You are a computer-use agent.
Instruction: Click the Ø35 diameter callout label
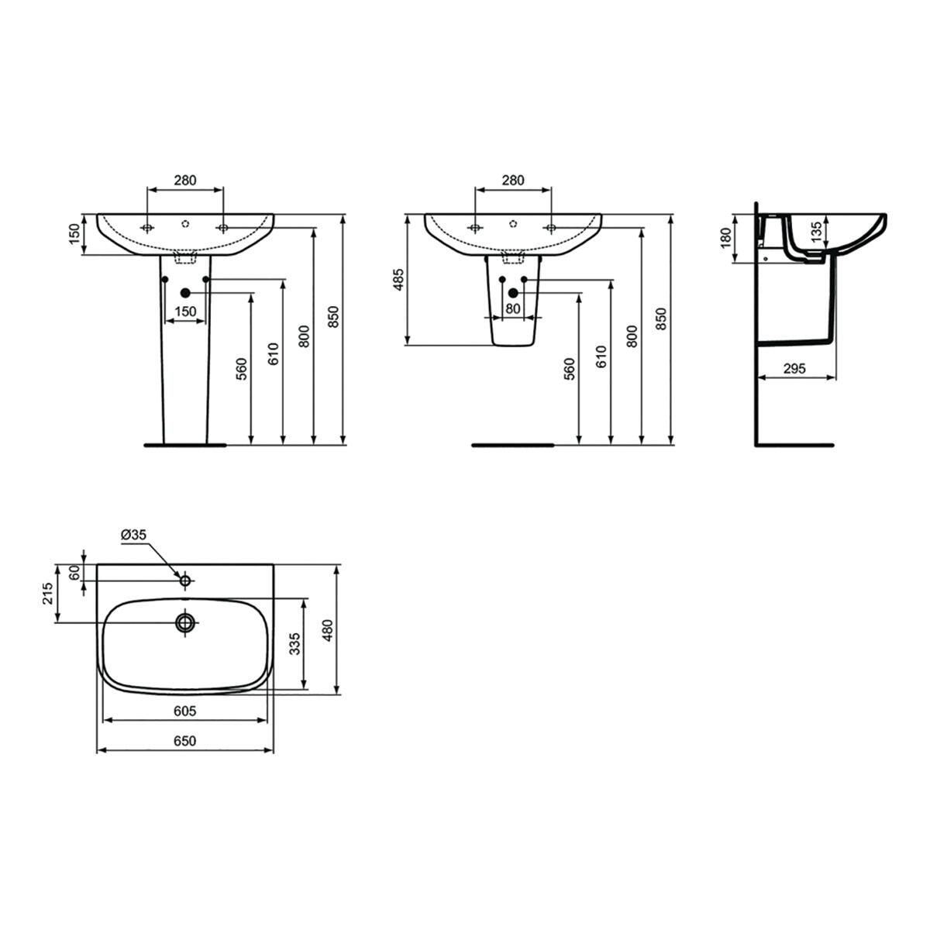(133, 534)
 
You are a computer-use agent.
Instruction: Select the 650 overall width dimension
(185, 741)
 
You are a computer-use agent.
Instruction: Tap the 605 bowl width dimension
(185, 711)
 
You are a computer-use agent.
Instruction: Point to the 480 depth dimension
(328, 630)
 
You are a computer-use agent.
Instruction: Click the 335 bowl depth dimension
(294, 643)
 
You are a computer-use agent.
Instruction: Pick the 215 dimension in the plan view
(47, 593)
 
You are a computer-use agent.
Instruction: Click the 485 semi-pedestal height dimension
(398, 280)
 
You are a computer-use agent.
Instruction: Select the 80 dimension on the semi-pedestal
(512, 308)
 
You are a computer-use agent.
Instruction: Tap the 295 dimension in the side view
(794, 368)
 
